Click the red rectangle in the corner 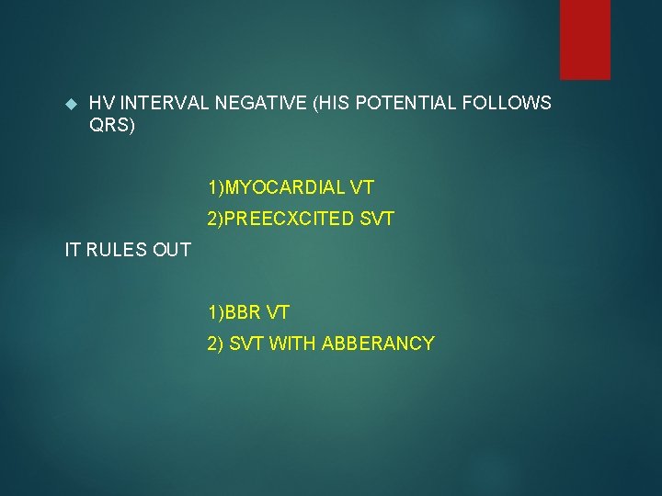(585, 39)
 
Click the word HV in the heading (101, 104)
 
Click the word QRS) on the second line (112, 126)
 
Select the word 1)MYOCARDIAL (276, 188)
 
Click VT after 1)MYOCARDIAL (361, 188)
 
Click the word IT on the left (73, 250)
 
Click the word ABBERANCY (378, 344)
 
